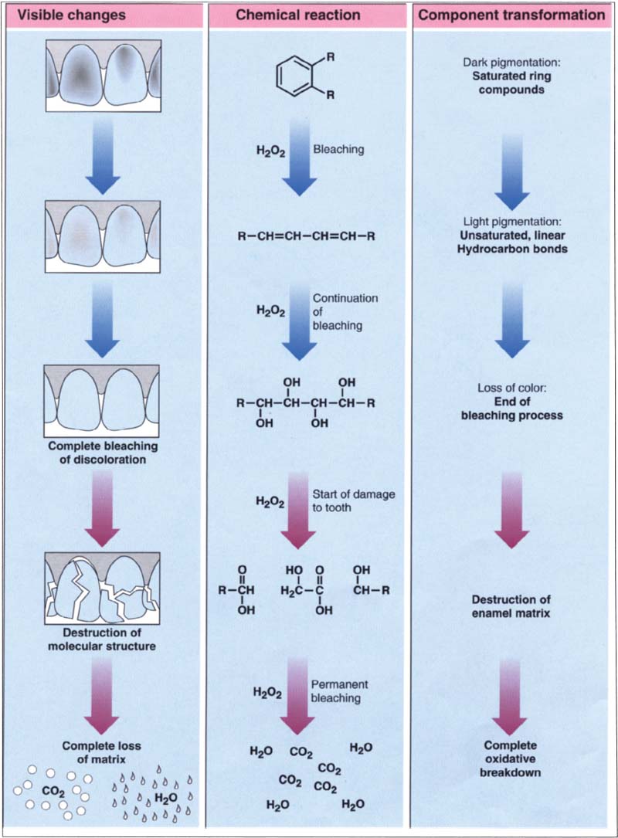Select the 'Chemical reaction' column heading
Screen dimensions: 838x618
[x=309, y=15]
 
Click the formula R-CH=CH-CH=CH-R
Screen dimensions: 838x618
[x=307, y=236]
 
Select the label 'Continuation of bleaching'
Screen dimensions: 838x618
[x=334, y=311]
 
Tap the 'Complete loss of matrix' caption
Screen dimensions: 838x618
[x=103, y=751]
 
